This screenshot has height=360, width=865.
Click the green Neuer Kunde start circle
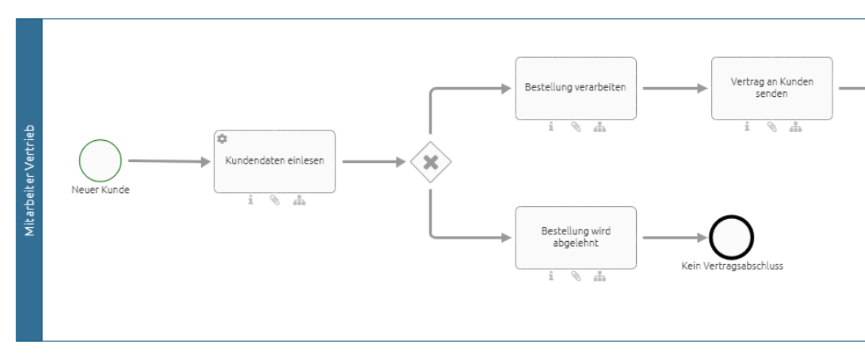[100, 160]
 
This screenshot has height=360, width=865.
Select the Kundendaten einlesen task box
[274, 161]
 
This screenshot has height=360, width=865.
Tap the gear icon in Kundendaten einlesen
[222, 139]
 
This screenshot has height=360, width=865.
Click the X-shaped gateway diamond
[431, 162]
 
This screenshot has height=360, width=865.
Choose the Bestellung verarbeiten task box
[576, 88]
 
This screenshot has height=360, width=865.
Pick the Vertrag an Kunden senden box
[771, 88]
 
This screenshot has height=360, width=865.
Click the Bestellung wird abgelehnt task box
[576, 237]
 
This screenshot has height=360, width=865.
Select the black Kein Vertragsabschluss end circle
[731, 238]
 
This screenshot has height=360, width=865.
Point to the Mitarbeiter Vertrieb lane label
[29, 180]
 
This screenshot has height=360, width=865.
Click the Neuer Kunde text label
[100, 190]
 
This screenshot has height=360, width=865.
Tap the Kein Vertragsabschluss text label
[731, 265]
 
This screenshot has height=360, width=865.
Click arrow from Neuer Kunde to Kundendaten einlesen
[169, 161]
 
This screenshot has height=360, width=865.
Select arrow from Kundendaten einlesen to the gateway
[373, 161]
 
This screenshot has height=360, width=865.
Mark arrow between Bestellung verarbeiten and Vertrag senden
[673, 88]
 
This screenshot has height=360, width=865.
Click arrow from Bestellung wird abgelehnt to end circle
[675, 238]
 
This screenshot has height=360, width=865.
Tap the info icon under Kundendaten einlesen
[250, 201]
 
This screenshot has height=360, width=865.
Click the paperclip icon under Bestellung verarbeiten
[576, 127]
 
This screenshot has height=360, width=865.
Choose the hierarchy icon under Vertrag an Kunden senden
[796, 127]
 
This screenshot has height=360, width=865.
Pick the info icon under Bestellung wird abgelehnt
[551, 276]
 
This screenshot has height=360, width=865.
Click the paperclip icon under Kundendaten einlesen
[274, 201]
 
